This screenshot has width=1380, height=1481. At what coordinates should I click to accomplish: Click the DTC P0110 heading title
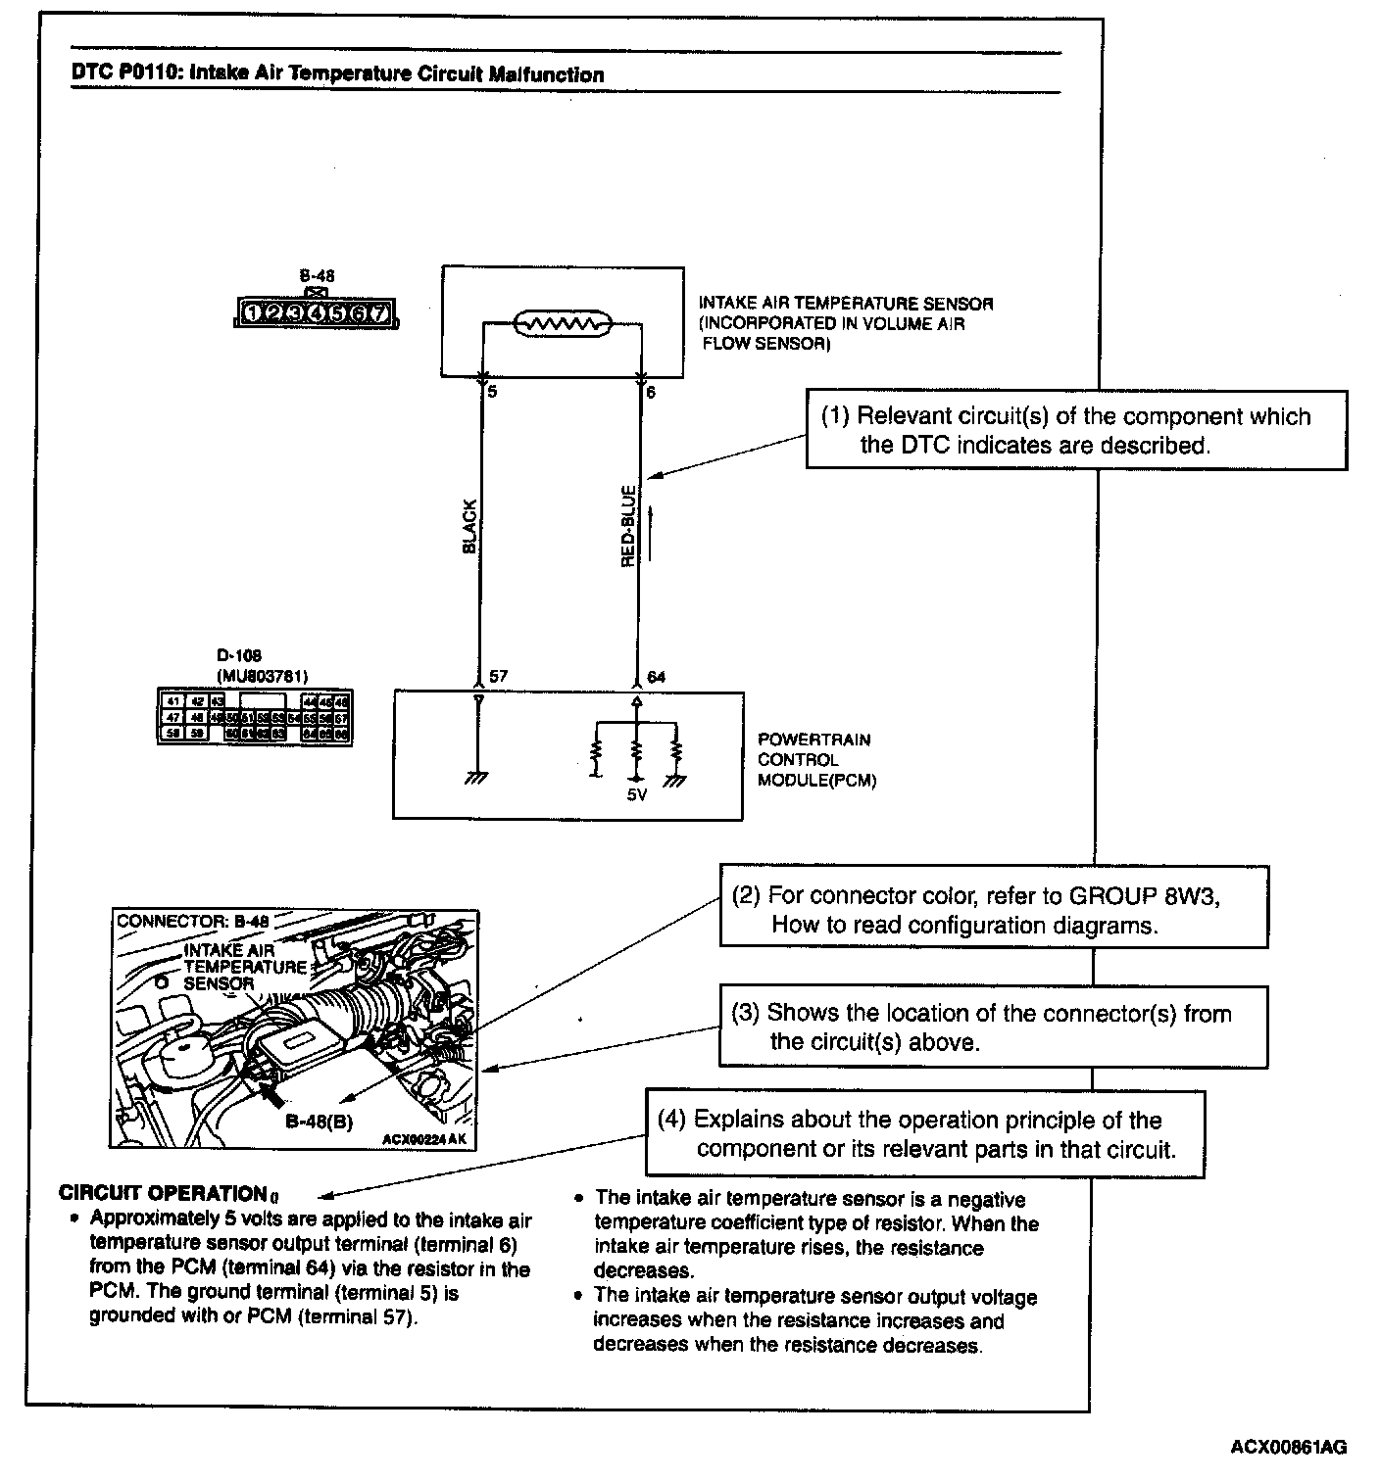pyautogui.click(x=338, y=74)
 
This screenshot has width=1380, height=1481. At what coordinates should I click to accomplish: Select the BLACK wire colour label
pyautogui.click(x=468, y=527)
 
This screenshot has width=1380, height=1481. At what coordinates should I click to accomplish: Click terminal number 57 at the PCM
pyautogui.click(x=498, y=677)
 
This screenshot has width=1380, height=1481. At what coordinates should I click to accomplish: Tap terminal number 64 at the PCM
pyautogui.click(x=657, y=677)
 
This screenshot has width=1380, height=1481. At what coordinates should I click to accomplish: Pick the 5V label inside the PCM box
pyautogui.click(x=637, y=795)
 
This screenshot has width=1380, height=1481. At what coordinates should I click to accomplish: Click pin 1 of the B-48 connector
pyautogui.click(x=253, y=313)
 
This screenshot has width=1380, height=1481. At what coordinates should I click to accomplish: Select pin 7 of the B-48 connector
pyautogui.click(x=379, y=313)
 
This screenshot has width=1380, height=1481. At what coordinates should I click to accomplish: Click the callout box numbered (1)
pyautogui.click(x=1076, y=430)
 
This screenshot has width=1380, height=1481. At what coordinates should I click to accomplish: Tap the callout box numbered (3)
pyautogui.click(x=993, y=1027)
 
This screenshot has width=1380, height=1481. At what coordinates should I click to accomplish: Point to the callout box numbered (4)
pyautogui.click(x=924, y=1133)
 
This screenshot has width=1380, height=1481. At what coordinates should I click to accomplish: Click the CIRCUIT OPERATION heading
pyautogui.click(x=164, y=1193)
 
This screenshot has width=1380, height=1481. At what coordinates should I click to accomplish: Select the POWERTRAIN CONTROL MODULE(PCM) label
pyautogui.click(x=816, y=760)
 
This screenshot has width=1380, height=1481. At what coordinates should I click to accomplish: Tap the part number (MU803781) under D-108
pyautogui.click(x=255, y=675)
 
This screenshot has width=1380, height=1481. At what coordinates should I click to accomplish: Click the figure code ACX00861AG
pyautogui.click(x=1289, y=1447)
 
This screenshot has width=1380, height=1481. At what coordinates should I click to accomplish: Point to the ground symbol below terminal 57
pyautogui.click(x=477, y=777)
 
